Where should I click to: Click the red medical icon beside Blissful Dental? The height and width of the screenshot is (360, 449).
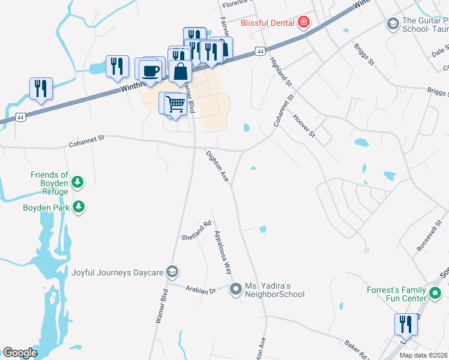pos(304,23)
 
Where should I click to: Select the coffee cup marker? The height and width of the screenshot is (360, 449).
pos(151,71)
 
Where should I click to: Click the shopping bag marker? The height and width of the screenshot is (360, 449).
pos(181,72)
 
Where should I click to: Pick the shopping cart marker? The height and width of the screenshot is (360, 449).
pos(175,104)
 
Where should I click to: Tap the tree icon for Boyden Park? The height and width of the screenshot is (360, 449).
pos(78,207)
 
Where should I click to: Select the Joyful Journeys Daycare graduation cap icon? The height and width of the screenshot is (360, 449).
pos(173,272)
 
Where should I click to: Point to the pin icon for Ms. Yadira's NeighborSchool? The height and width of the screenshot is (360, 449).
pos(237,290)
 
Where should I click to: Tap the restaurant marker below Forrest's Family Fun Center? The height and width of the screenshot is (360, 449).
pos(406,325)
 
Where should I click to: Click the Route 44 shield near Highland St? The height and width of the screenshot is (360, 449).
pos(259,52)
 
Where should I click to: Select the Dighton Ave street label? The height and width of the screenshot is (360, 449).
pos(218,167)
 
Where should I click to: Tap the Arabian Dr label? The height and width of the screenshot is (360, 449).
pos(200,289)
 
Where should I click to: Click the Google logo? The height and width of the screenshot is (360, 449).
pos(20,352)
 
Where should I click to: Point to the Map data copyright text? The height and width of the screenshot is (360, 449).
pos(423,355)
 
